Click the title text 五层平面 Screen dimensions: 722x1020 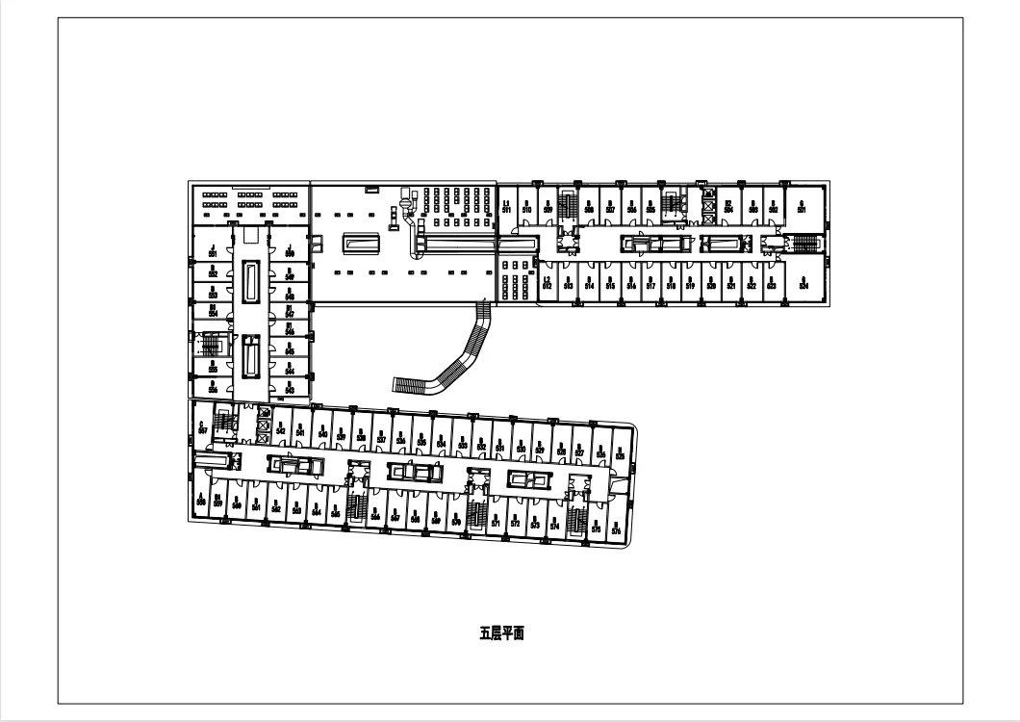[x=501, y=633]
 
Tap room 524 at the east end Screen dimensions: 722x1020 [x=802, y=284]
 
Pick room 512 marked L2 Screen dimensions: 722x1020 [x=547, y=284]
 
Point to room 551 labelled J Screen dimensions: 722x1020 [x=212, y=251]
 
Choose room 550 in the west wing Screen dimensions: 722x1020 [x=289, y=251]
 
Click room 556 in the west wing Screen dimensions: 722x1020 [x=212, y=387]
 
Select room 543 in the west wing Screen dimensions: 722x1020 [x=289, y=387]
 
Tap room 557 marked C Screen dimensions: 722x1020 [x=202, y=427]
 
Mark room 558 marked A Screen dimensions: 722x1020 [x=201, y=500]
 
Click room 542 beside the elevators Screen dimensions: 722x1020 [x=280, y=429]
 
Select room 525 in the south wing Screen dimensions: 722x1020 [x=620, y=451]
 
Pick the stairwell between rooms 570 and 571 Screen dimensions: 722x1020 [x=477, y=511]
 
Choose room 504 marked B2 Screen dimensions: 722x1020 [x=729, y=205]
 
